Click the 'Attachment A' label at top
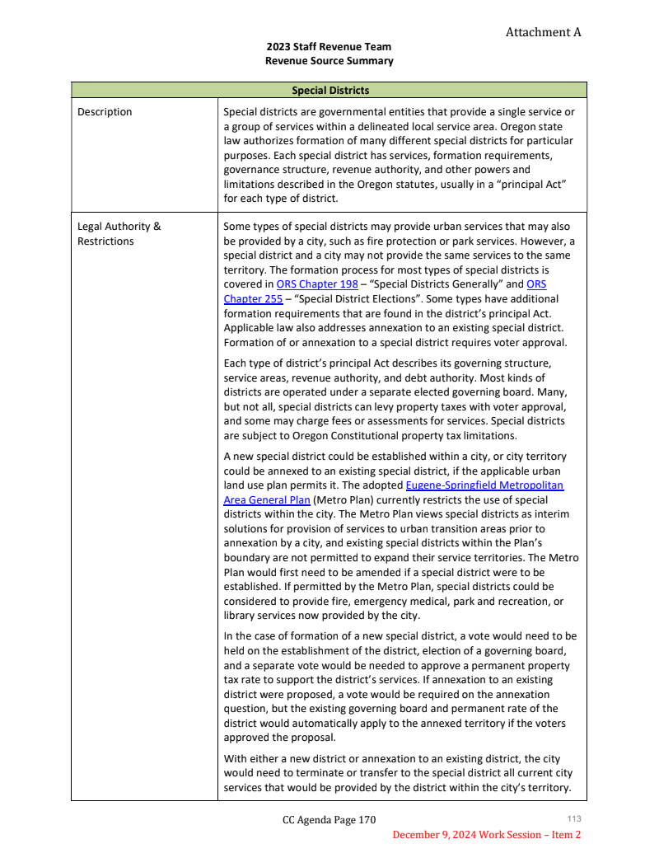[543, 32]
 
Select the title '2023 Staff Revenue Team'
[329, 47]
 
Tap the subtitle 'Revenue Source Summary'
[329, 61]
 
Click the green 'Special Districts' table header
[329, 90]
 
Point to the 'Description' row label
[105, 112]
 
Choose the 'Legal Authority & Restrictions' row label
[119, 233]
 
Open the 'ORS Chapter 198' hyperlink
[317, 284]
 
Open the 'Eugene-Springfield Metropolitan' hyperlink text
[484, 486]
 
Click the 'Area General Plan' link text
[267, 500]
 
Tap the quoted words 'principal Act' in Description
[531, 184]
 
